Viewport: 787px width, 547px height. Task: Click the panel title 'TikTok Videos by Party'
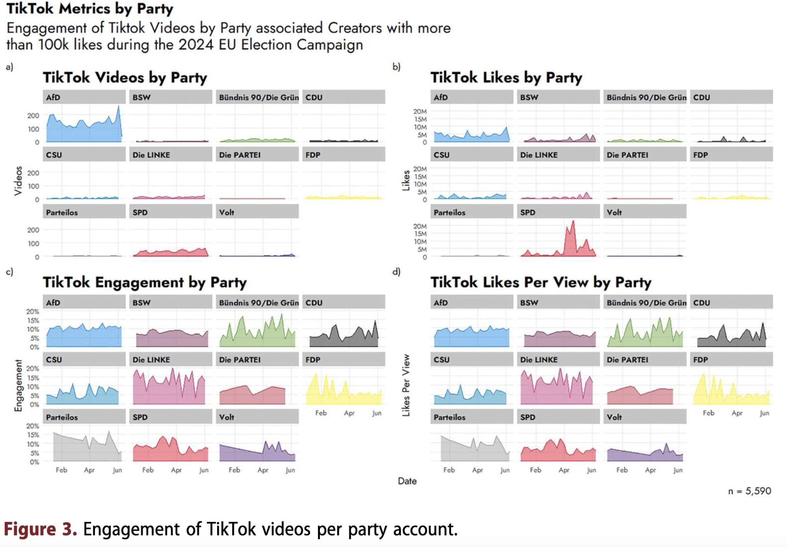(125, 78)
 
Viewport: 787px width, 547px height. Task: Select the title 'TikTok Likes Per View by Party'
(541, 282)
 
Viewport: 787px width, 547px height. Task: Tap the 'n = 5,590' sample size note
(749, 491)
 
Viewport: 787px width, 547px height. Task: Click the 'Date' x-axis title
(407, 481)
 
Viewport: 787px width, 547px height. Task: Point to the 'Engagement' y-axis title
(18, 386)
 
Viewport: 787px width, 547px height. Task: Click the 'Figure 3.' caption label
(40, 529)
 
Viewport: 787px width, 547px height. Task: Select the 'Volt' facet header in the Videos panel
(257, 212)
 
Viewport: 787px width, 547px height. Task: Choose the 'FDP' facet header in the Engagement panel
(344, 360)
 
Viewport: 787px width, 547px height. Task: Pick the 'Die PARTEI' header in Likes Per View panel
(645, 360)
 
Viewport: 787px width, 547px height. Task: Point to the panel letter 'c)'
(9, 272)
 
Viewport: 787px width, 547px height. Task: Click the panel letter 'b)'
(396, 67)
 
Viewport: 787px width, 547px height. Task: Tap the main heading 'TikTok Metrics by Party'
(90, 9)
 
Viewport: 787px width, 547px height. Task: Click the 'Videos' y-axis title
(18, 181)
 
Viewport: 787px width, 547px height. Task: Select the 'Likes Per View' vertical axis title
(406, 385)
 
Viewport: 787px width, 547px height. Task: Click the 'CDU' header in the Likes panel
(731, 97)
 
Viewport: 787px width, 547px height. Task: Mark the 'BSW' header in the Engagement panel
(170, 302)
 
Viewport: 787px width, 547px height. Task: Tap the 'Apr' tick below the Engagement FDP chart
(349, 413)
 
